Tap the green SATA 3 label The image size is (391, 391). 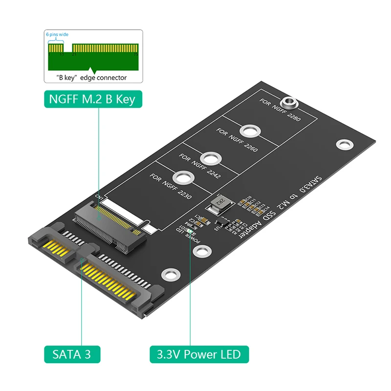pos(72,353)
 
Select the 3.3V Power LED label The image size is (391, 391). pos(199,353)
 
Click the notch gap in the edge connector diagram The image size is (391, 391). pos(68,49)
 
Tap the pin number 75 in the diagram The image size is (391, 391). pos(136,55)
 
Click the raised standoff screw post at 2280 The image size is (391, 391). pos(289,103)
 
